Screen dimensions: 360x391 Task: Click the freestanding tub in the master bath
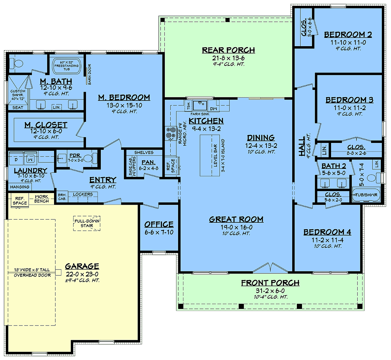coord(66,66)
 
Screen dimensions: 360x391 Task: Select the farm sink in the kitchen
coord(199,105)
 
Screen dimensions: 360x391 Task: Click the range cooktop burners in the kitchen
coord(169,133)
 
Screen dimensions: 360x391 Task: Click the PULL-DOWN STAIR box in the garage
coord(87,223)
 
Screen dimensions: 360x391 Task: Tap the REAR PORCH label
coord(228,50)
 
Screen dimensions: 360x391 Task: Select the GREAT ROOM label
coord(236,219)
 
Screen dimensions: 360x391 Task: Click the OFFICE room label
coord(159,224)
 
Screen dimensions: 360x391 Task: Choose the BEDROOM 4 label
coord(327,232)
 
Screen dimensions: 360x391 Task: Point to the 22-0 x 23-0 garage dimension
coord(82,274)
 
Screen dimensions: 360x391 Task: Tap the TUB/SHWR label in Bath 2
coord(366,195)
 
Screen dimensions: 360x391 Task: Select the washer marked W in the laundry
coord(30,159)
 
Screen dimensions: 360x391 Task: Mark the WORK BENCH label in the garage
coord(41,199)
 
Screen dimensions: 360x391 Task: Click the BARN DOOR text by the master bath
coord(90,74)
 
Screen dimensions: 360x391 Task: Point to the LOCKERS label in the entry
coord(83,194)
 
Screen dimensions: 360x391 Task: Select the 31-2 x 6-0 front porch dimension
coord(270,291)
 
